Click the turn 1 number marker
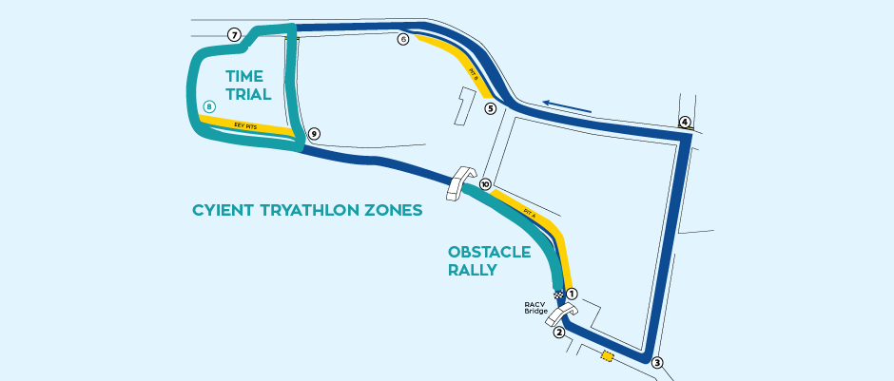pyautogui.click(x=573, y=295)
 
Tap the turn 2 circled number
pyautogui.click(x=559, y=332)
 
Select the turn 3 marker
pyautogui.click(x=656, y=362)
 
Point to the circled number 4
pyautogui.click(x=685, y=122)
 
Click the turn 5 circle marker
pyautogui.click(x=491, y=108)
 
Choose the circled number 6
pyautogui.click(x=403, y=40)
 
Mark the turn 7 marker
pyautogui.click(x=234, y=35)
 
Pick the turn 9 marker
pyautogui.click(x=314, y=134)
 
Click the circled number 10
pyautogui.click(x=485, y=184)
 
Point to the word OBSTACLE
pyautogui.click(x=490, y=252)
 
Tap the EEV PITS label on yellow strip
pyautogui.click(x=245, y=124)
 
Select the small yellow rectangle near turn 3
pyautogui.click(x=607, y=356)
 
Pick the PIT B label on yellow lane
pyautogui.click(x=473, y=73)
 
